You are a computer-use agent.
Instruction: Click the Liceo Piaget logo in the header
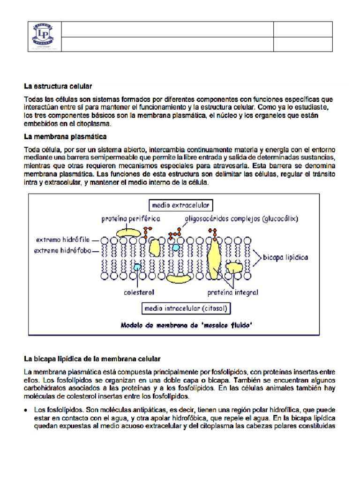point(45,37)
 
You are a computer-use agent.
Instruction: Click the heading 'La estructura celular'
point(58,87)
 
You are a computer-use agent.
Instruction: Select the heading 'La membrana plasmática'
point(65,137)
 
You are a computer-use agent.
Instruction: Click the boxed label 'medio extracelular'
point(180,205)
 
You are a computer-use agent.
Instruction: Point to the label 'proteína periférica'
point(131,218)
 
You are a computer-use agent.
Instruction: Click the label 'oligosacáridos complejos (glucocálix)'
point(241,218)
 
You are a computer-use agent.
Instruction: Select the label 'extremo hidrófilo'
point(65,240)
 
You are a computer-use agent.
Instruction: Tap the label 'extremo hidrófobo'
point(65,250)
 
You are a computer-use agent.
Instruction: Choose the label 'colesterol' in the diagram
point(139,292)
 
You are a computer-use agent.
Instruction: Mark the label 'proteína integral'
point(232,292)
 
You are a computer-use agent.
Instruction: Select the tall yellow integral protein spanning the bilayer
point(215,258)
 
